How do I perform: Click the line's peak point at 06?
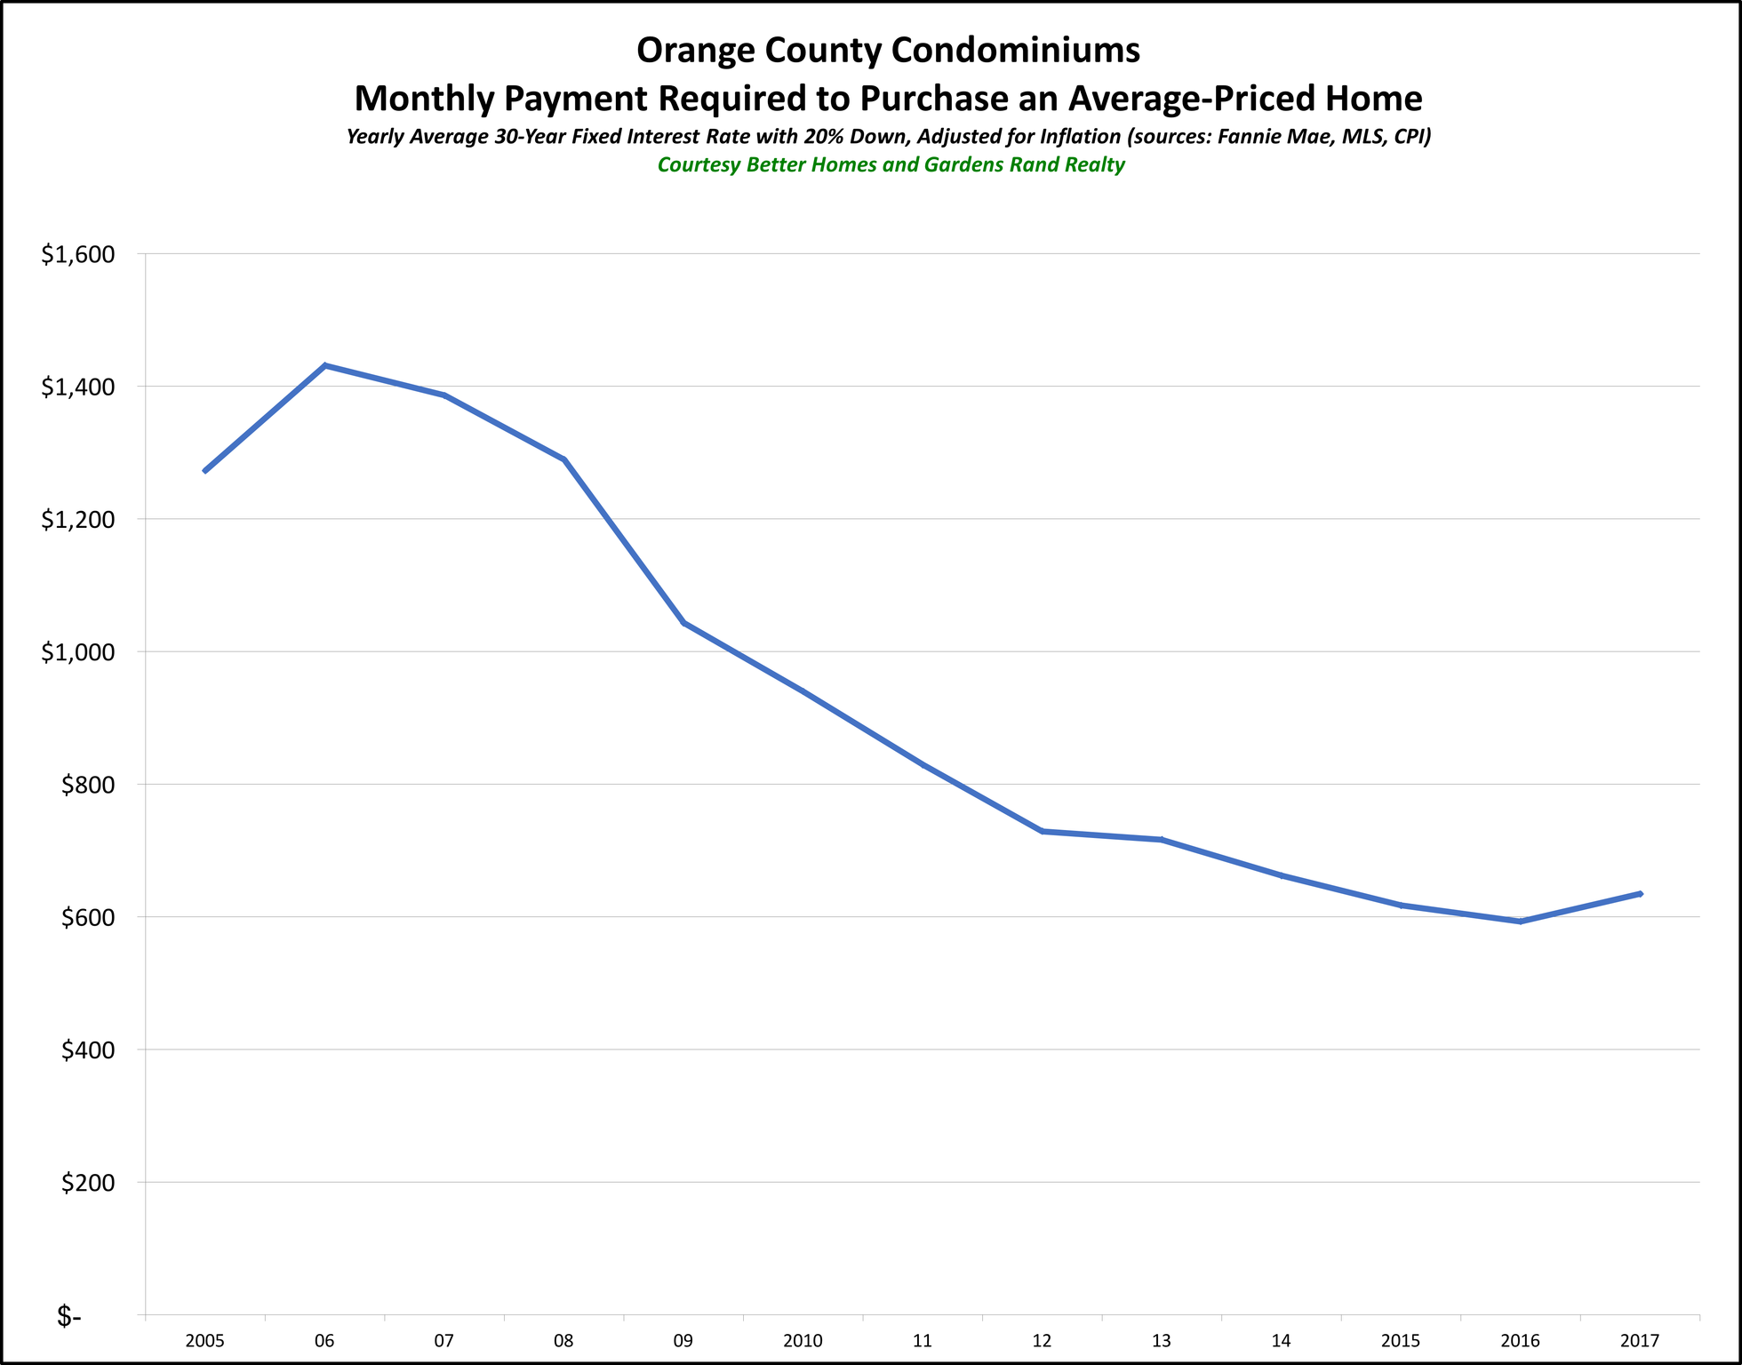325,365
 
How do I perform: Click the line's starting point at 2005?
205,471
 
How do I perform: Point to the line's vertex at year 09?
683,623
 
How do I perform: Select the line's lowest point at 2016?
1521,922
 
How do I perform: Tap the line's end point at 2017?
1640,893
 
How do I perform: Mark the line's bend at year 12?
1043,831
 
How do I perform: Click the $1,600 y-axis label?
78,254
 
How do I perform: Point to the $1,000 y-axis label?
78,652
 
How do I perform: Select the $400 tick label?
87,1050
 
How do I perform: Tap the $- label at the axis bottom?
68,1316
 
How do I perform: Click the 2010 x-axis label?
803,1341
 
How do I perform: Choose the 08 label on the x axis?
563,1341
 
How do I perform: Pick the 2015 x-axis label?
1401,1341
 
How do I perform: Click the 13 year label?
1162,1341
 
